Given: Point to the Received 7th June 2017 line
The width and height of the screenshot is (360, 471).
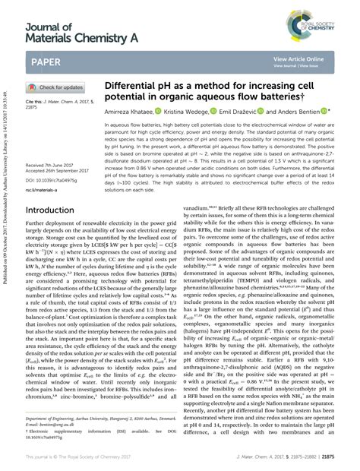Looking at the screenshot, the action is [54, 164].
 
